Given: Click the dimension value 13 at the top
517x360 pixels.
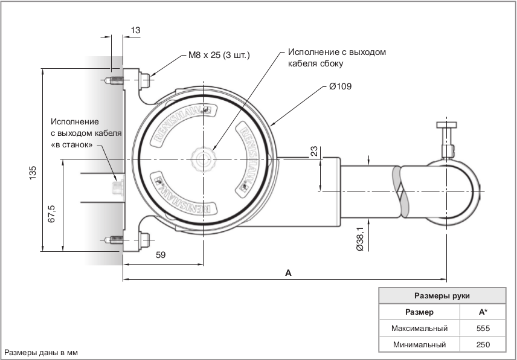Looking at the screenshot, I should [x=135, y=30].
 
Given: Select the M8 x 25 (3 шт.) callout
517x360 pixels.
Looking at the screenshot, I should [x=219, y=56].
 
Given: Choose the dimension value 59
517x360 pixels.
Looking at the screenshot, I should [x=161, y=256].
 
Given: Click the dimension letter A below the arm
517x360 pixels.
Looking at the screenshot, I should [x=288, y=273].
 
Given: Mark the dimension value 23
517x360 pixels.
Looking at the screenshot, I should [x=314, y=151].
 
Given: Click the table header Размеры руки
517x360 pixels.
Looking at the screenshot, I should [x=442, y=296].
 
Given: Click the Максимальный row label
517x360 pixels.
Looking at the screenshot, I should [x=419, y=329].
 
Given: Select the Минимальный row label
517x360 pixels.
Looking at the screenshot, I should [x=419, y=345].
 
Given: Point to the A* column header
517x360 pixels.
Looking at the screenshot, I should [x=483, y=312].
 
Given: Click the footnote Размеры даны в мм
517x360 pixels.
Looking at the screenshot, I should [x=42, y=352].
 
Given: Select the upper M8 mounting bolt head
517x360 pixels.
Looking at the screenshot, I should [x=144, y=79].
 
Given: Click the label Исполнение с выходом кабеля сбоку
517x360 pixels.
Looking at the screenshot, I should [x=336, y=57].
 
